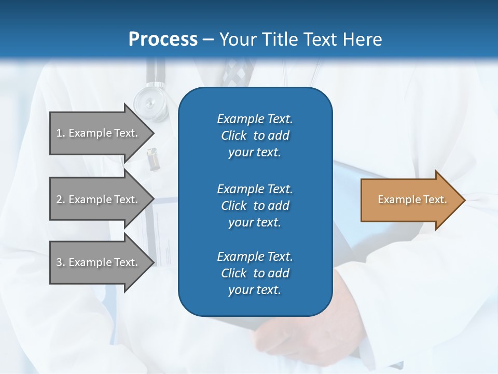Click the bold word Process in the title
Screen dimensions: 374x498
click(x=163, y=39)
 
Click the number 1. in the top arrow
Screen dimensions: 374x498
click(x=61, y=133)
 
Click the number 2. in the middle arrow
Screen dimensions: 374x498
click(x=61, y=199)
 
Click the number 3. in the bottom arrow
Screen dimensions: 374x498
click(x=61, y=262)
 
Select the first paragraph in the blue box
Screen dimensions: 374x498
click(x=255, y=136)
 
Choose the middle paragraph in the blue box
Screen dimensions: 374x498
click(x=255, y=206)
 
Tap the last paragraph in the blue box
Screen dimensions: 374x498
click(x=255, y=273)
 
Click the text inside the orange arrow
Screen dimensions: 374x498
click(x=412, y=199)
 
